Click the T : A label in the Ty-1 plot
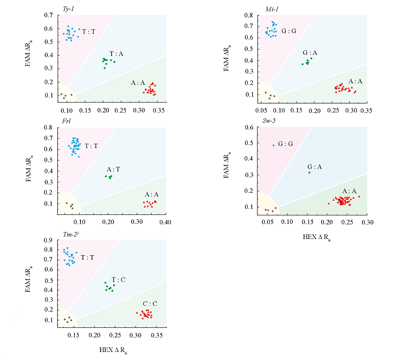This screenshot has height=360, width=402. tap(116, 54)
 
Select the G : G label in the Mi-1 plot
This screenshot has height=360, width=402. tap(288, 31)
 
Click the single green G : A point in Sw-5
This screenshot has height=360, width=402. tap(310, 172)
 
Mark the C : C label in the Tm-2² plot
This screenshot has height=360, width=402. tap(150, 304)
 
